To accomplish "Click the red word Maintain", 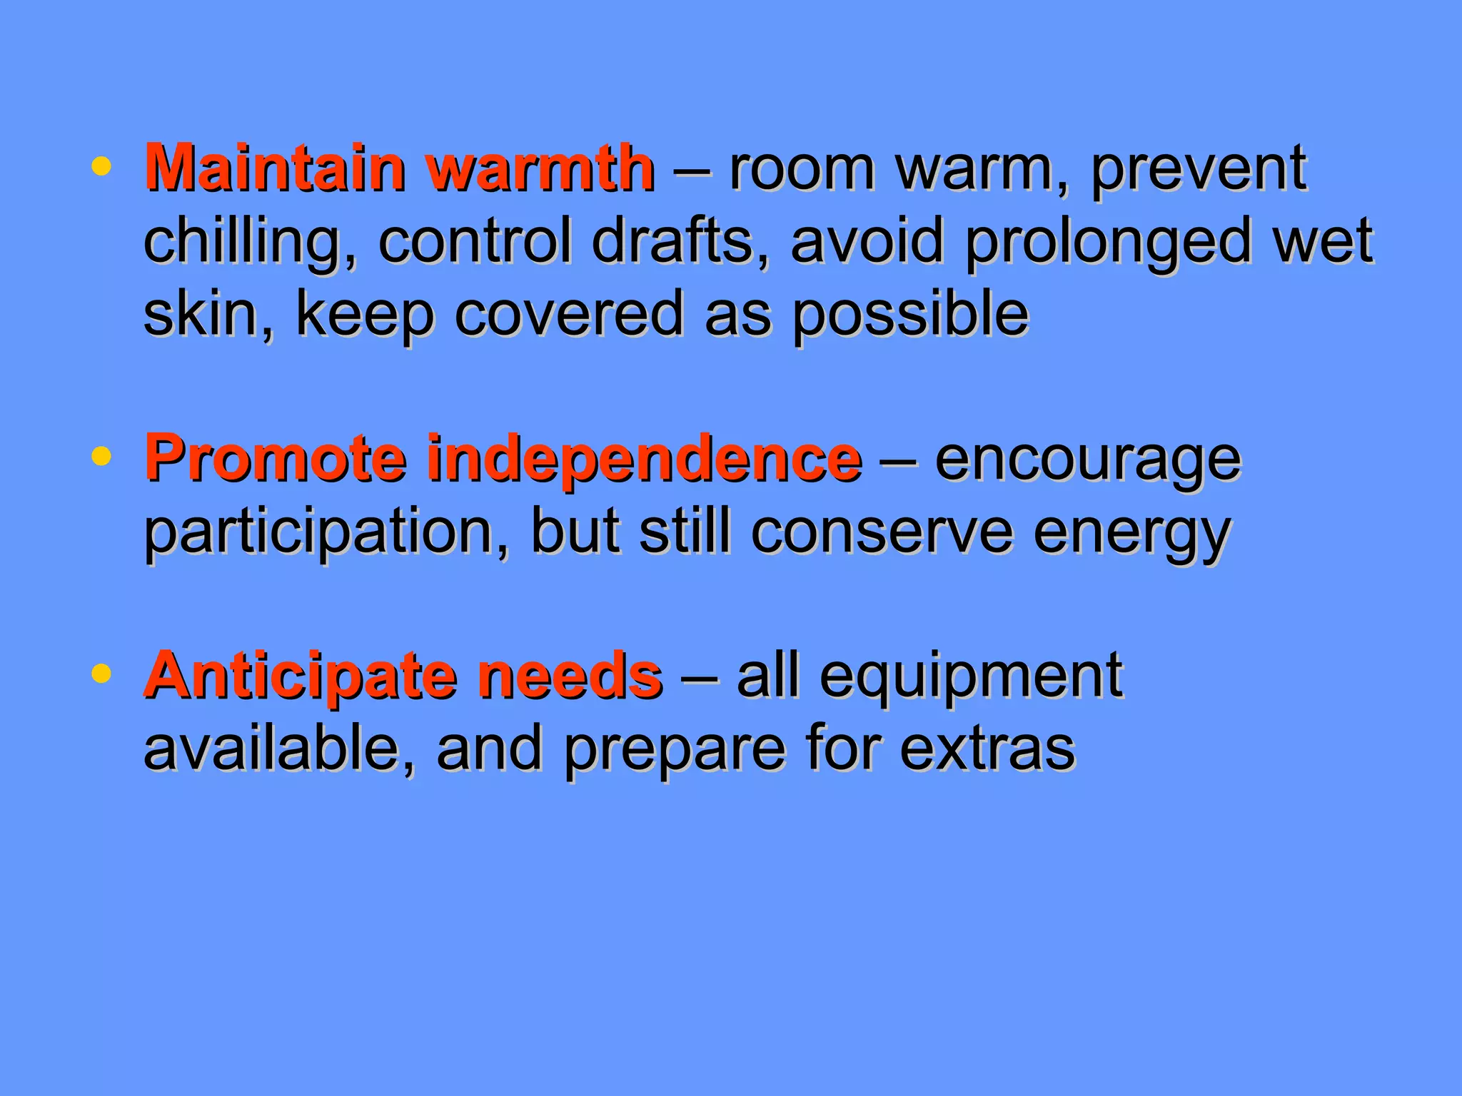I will tap(274, 168).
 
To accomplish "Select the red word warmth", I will tap(540, 168).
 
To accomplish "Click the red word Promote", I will tap(276, 460).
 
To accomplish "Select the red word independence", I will tap(644, 460).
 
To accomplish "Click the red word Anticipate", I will tap(300, 676).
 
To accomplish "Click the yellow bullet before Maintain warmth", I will tap(102, 167).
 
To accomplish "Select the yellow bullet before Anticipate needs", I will tap(102, 674).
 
